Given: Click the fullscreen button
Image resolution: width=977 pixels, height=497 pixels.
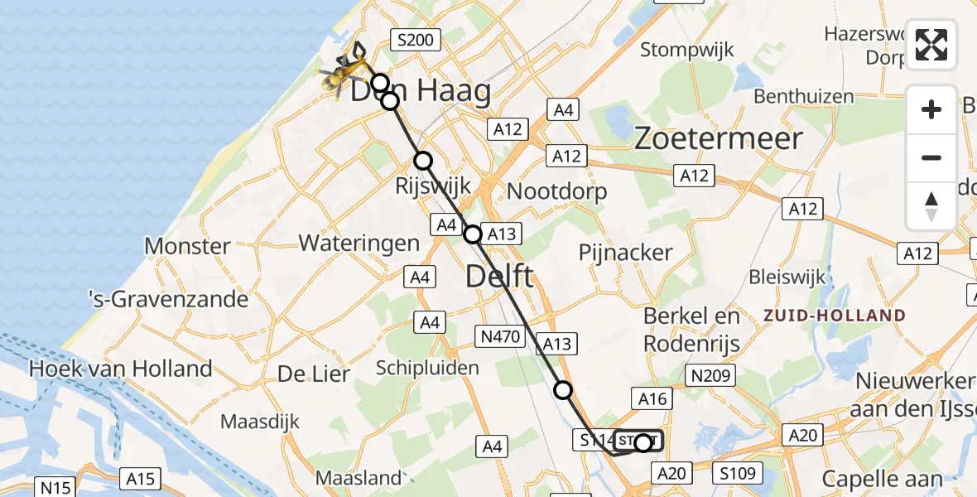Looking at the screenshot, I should point(931,45).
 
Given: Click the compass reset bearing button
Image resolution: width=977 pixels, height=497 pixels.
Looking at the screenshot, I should point(931,205).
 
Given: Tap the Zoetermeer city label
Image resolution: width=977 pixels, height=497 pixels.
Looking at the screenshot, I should point(719,138).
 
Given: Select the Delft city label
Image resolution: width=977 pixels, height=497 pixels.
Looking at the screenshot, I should point(499,276).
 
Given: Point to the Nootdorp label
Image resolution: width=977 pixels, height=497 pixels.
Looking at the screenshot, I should point(556,191).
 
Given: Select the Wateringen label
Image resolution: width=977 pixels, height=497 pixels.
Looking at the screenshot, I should point(359,244).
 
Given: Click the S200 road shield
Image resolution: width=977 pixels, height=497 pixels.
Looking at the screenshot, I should point(418,39).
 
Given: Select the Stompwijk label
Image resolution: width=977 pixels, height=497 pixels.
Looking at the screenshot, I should point(687,50).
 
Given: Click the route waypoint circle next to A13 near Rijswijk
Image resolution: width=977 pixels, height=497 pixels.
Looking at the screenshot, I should point(472,234).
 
